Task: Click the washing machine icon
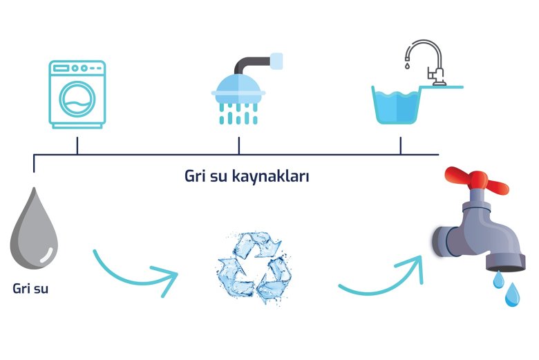[77, 95]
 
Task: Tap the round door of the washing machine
[77, 100]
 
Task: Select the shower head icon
[238, 88]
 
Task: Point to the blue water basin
[397, 105]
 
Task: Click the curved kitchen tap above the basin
[426, 62]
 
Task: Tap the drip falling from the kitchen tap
[407, 65]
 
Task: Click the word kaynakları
[270, 176]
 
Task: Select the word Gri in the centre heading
[196, 176]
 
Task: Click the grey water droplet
[34, 229]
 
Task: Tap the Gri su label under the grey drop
[30, 288]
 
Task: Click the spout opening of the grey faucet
[506, 267]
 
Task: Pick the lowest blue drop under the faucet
[512, 295]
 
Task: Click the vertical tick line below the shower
[239, 145]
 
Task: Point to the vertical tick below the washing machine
[77, 145]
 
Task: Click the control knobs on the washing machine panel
[79, 68]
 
